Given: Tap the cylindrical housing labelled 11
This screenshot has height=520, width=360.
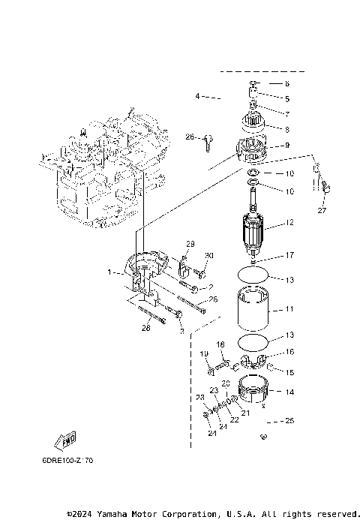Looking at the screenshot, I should [x=254, y=309].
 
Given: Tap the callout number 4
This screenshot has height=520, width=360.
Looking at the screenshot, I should [x=197, y=96].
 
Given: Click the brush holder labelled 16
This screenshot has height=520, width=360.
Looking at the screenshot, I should [x=254, y=362].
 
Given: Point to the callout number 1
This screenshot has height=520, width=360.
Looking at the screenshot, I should [x=109, y=272].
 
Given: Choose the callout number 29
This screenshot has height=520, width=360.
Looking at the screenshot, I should [x=190, y=245].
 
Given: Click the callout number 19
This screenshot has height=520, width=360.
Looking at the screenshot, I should [x=203, y=353].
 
